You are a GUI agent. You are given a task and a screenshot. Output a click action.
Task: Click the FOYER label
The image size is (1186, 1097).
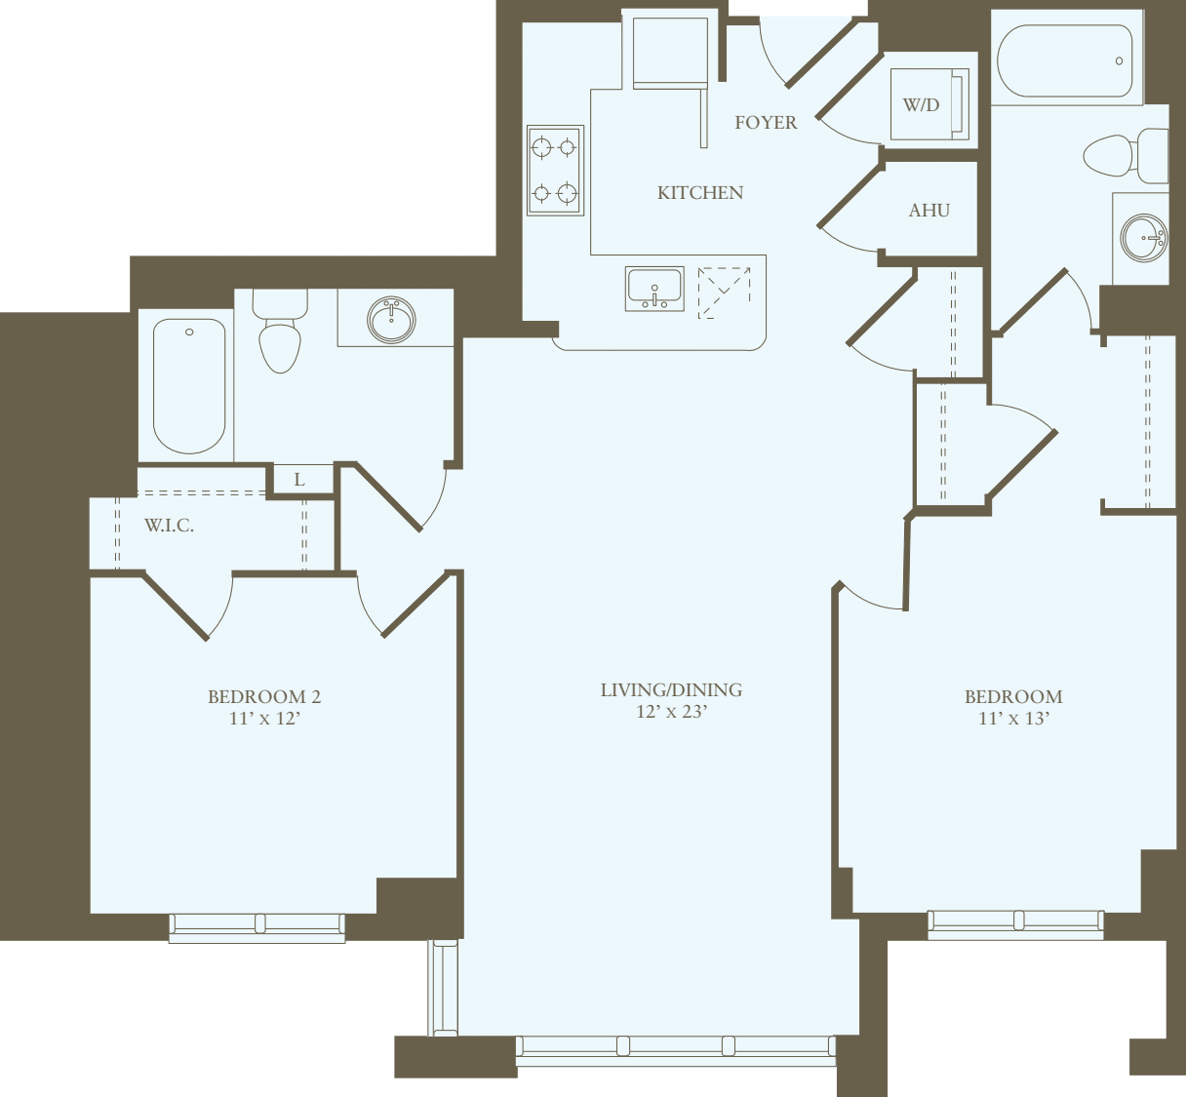click(766, 122)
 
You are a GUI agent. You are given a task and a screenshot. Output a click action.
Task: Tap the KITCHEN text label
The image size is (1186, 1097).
click(699, 192)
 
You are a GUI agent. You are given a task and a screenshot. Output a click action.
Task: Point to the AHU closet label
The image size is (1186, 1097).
click(929, 210)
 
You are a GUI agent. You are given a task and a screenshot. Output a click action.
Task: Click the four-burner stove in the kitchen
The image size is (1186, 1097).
click(555, 170)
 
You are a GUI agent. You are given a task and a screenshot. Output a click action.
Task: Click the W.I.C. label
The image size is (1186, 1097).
click(169, 526)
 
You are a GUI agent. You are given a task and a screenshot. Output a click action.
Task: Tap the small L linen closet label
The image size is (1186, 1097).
click(299, 480)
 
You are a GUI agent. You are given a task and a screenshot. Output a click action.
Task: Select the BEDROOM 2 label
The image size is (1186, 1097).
click(263, 696)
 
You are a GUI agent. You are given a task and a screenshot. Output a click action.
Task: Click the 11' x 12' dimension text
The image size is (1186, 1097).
click(263, 719)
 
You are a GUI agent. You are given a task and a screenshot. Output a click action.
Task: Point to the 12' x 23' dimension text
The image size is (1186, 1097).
click(671, 712)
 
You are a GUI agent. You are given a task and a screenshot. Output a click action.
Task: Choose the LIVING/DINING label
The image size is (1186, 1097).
click(671, 689)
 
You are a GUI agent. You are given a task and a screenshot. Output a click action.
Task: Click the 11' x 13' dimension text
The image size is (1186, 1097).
click(1013, 719)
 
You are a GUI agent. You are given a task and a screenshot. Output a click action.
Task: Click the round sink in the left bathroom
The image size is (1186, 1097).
click(392, 319)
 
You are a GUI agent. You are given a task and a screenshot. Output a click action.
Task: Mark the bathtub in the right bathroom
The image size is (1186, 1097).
click(1065, 60)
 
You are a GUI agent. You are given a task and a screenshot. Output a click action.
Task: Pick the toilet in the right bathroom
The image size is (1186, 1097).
click(1125, 156)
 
